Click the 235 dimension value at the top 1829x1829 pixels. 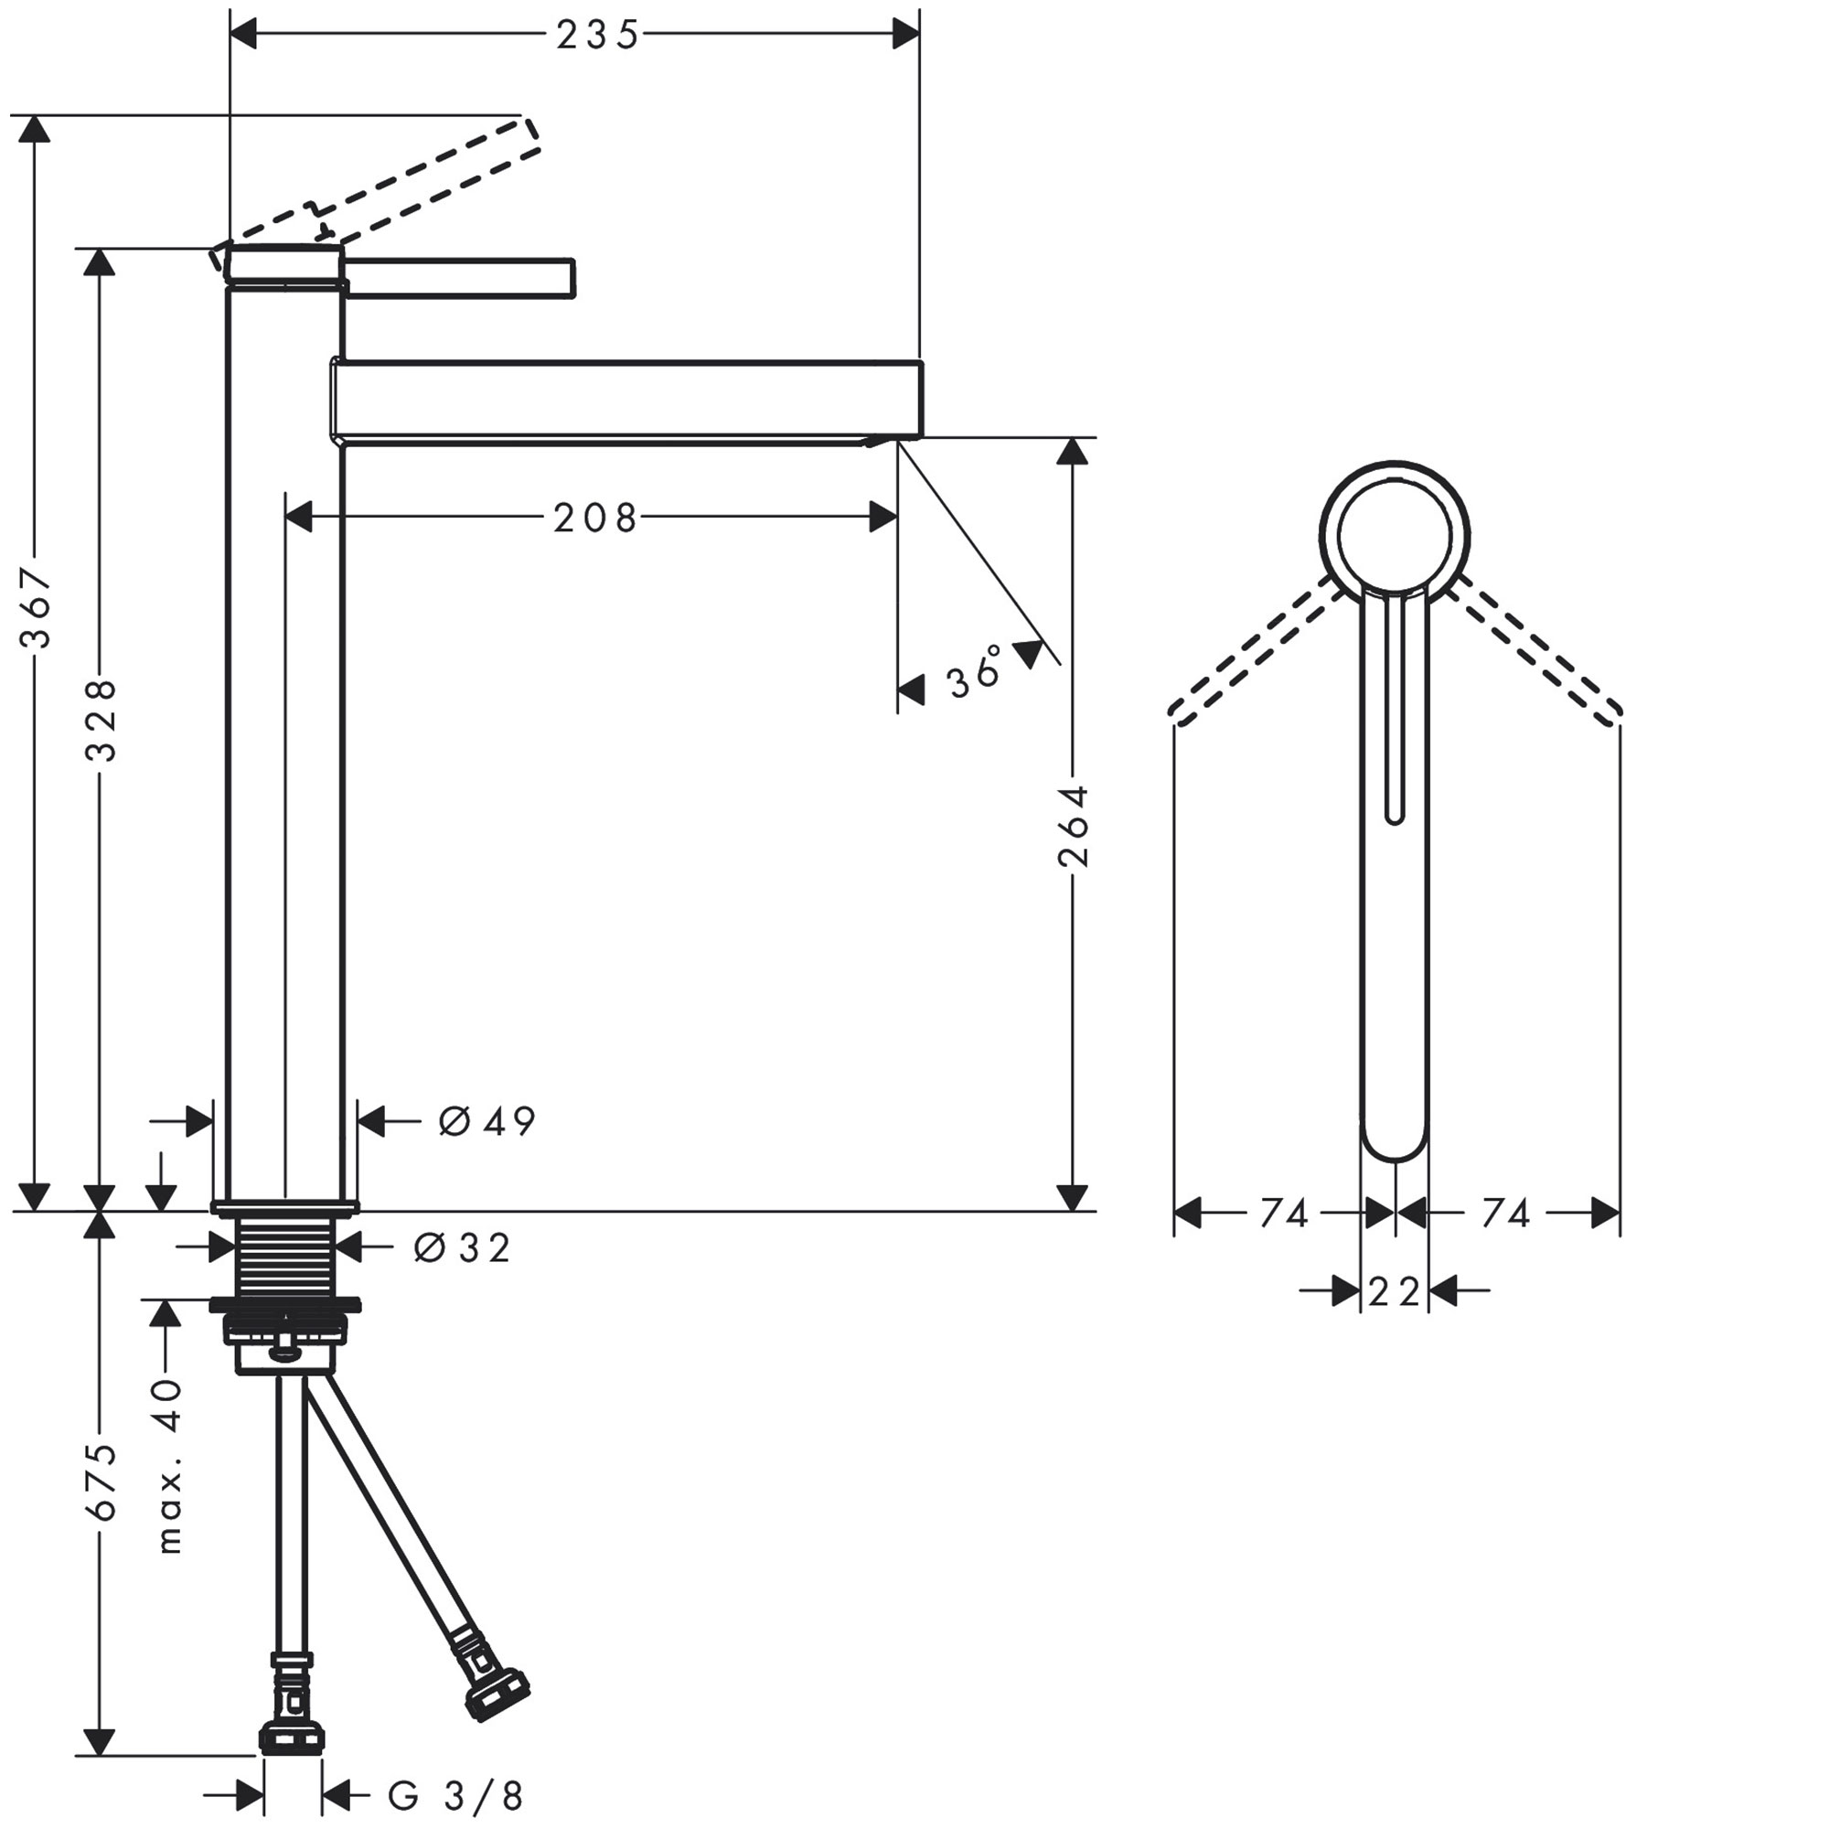click(597, 36)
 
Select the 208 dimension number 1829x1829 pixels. click(595, 519)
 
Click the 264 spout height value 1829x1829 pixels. click(1074, 826)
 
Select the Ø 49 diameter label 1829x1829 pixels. click(487, 1122)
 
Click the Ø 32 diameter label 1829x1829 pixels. click(462, 1248)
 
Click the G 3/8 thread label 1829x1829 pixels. click(455, 1795)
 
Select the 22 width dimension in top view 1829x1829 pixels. click(1395, 1291)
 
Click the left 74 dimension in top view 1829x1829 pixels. click(1284, 1214)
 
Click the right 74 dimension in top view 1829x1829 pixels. click(1505, 1214)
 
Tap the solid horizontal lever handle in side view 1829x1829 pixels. click(460, 276)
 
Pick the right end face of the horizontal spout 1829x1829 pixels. click(920, 400)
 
